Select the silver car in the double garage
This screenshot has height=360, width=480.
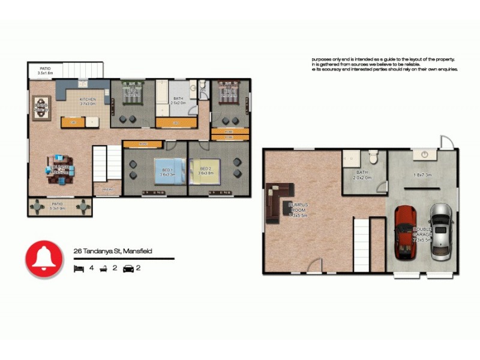pos(441,231)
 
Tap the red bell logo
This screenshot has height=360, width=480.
pos(44,259)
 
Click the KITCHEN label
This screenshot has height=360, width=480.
pos(88,100)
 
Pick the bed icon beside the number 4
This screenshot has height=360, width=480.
pos(78,268)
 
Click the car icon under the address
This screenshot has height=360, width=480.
pos(128,268)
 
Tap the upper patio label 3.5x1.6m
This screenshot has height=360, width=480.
pos(46,71)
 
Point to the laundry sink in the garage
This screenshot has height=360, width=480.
pos(425,155)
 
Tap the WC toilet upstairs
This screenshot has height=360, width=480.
pos(202,85)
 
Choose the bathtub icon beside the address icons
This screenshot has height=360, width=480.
pos(103,268)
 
